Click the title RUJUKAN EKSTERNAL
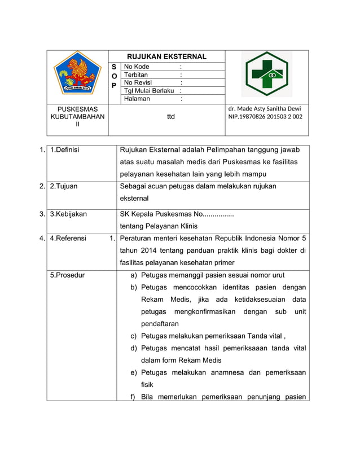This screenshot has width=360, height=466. click(166, 56)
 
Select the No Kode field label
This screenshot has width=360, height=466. click(137, 67)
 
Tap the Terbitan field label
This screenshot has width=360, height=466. click(136, 74)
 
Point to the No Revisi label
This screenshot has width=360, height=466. click(138, 82)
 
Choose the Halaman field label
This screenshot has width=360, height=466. click(137, 99)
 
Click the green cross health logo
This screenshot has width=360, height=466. click(266, 74)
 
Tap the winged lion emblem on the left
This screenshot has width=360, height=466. click(77, 73)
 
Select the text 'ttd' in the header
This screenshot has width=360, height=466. click(170, 117)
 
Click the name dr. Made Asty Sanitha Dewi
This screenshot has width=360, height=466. click(264, 108)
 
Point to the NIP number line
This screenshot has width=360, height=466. click(265, 117)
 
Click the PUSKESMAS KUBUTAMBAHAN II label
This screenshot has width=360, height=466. click(77, 117)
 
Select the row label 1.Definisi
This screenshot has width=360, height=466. click(64, 150)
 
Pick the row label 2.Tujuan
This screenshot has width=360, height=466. click(64, 186)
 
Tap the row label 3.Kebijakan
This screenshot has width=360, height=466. click(68, 214)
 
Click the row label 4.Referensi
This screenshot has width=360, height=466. click(68, 239)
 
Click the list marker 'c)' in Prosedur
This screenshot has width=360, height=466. click(134, 336)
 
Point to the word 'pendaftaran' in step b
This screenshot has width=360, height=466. click(160, 324)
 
